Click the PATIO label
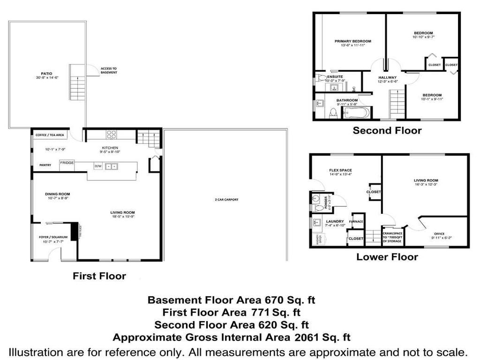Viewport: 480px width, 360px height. click(x=46, y=73)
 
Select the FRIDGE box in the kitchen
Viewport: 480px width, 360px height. click(x=67, y=162)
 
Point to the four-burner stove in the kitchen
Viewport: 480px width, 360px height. click(x=112, y=135)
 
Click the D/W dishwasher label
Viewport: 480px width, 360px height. click(x=98, y=166)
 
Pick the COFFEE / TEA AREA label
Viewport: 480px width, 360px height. click(x=50, y=135)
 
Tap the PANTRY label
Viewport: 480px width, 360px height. click(x=45, y=165)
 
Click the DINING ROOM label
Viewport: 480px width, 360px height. click(x=57, y=194)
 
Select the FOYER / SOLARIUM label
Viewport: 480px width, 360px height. click(x=53, y=238)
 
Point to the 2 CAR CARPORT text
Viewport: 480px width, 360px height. click(x=226, y=200)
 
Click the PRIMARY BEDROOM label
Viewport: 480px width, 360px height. click(x=349, y=41)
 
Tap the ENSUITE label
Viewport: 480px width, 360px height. click(x=335, y=76)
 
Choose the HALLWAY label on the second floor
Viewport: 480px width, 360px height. click(x=388, y=77)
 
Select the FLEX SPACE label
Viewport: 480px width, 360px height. click(x=340, y=170)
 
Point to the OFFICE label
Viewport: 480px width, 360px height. click(x=439, y=233)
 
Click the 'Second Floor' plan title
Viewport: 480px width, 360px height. click(x=387, y=131)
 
